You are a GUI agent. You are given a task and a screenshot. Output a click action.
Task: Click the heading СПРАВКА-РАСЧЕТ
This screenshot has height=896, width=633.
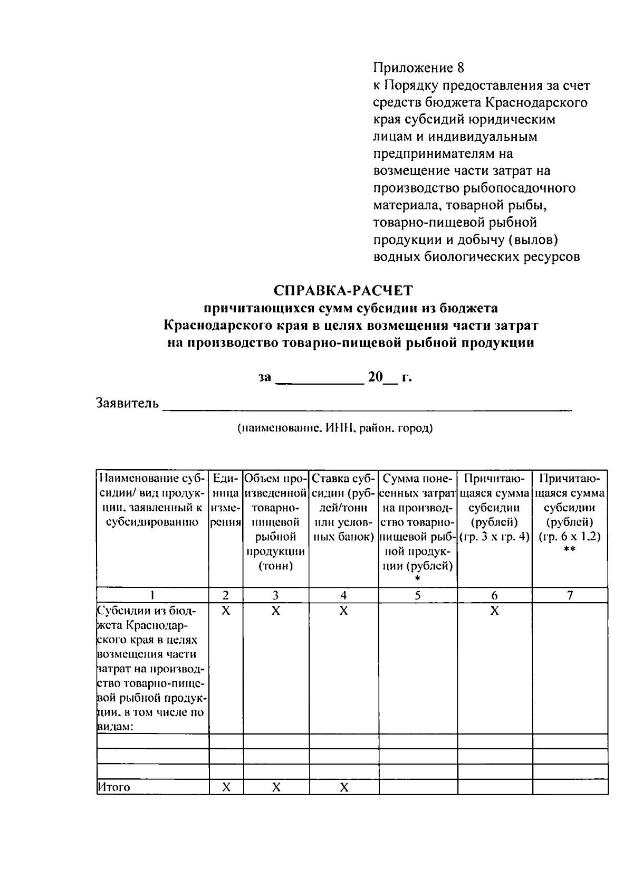click(343, 290)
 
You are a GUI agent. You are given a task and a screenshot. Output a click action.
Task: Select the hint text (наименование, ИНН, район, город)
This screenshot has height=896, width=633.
click(334, 428)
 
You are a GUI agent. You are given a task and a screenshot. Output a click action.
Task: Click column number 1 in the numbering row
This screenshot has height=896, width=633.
click(152, 595)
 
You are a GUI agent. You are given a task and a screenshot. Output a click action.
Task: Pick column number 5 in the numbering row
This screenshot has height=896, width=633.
click(417, 595)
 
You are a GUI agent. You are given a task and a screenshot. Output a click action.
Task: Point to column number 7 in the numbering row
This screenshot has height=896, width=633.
click(570, 595)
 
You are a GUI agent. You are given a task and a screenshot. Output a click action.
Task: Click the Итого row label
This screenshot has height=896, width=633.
click(114, 787)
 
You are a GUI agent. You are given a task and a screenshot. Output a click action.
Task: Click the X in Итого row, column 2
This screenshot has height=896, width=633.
click(226, 787)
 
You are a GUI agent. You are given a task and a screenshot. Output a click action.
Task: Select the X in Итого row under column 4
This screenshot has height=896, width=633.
click(343, 787)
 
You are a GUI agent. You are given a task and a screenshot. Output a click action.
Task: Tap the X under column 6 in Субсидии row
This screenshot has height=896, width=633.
click(494, 611)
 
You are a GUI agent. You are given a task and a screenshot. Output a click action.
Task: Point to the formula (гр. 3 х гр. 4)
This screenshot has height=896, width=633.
click(494, 537)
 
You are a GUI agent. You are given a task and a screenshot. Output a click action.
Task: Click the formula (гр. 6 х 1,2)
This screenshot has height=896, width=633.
click(570, 537)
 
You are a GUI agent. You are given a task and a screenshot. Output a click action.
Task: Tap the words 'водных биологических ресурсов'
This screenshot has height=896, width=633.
click(477, 258)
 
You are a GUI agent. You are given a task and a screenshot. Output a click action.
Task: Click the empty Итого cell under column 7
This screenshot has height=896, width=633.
click(570, 787)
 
